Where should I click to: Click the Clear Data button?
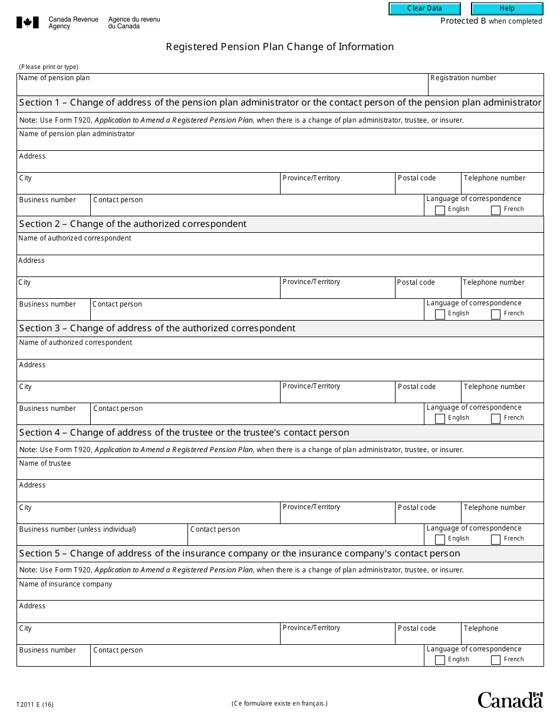tap(424, 9)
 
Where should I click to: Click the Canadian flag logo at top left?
tap(28, 23)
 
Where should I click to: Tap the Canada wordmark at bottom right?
tap(510, 700)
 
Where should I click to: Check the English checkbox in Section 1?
tap(440, 210)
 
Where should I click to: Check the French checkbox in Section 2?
tap(496, 315)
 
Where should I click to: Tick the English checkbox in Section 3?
tap(440, 419)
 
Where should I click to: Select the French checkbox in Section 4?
tap(496, 540)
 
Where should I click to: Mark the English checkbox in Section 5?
tap(440, 661)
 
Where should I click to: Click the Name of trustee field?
tap(280, 472)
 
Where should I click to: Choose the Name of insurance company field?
tap(280, 593)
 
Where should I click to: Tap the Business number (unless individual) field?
tap(102, 538)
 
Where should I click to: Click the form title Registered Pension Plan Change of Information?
tap(279, 47)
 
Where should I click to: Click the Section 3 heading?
tap(157, 328)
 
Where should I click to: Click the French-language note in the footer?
tap(279, 703)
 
